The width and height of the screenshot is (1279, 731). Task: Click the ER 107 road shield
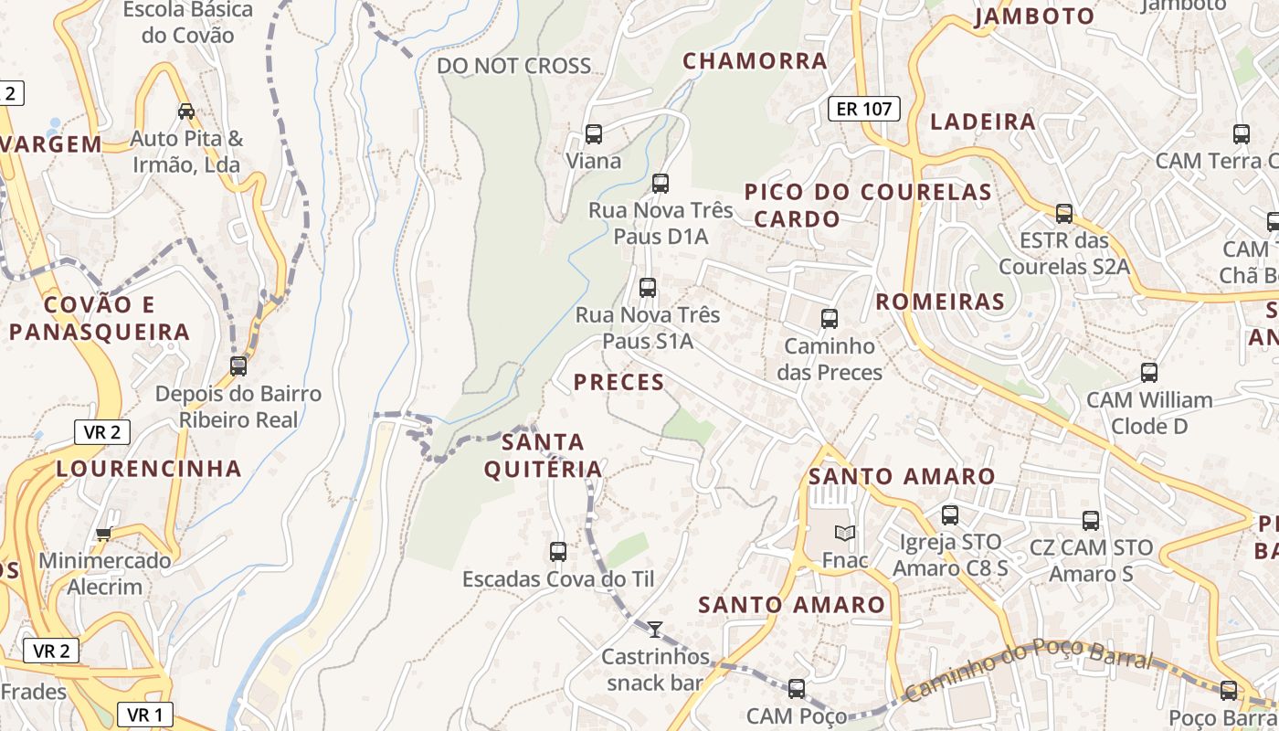pyautogui.click(x=863, y=110)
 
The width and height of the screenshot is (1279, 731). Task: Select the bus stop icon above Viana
pyautogui.click(x=594, y=134)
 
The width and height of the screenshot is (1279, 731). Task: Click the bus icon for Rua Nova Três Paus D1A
pyautogui.click(x=661, y=184)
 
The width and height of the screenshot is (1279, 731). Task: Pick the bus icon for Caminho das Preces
pyautogui.click(x=830, y=319)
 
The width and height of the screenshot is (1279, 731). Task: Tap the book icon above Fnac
pyautogui.click(x=845, y=533)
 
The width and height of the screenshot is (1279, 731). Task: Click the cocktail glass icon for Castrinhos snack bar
pyautogui.click(x=655, y=629)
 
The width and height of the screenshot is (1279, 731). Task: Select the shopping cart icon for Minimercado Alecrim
pyautogui.click(x=104, y=534)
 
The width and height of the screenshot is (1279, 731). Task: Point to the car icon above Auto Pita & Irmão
pyautogui.click(x=186, y=111)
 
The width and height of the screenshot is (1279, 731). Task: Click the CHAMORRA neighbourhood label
pyautogui.click(x=756, y=61)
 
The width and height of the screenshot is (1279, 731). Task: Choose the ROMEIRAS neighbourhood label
pyautogui.click(x=940, y=302)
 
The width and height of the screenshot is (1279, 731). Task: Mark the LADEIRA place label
pyautogui.click(x=983, y=122)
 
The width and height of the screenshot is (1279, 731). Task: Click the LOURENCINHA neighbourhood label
pyautogui.click(x=149, y=469)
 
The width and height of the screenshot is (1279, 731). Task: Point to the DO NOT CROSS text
pyautogui.click(x=513, y=66)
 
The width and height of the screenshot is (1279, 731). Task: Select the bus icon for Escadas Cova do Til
pyautogui.click(x=558, y=552)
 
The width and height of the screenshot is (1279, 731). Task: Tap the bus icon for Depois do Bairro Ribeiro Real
pyautogui.click(x=238, y=366)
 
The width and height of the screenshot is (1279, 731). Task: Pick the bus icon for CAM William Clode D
pyautogui.click(x=1149, y=373)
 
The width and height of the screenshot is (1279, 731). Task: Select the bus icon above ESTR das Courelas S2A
pyautogui.click(x=1064, y=214)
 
